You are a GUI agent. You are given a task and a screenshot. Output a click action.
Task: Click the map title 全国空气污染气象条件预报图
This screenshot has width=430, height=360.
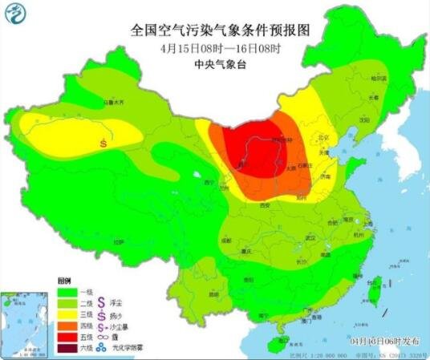pos(220,30)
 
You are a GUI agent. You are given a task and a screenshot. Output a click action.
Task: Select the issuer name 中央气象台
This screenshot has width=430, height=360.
pos(220,63)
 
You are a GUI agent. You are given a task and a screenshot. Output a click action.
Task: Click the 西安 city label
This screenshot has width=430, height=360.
pos(263,206)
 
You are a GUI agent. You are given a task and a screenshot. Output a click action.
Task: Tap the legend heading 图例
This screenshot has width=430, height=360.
pos(64,280)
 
